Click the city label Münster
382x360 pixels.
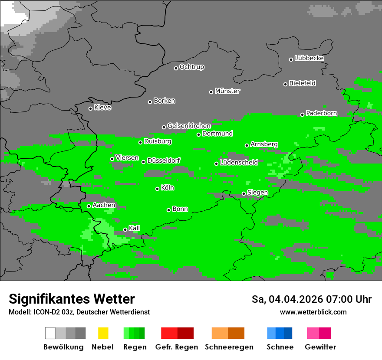point(227,91)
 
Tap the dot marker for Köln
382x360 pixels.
point(158,189)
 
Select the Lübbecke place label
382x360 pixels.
point(309,58)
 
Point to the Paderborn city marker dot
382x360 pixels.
point(303,115)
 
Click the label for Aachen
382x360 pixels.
point(104,205)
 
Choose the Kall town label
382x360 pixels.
point(135,228)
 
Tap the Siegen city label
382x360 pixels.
point(257,193)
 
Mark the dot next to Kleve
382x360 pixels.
point(91,108)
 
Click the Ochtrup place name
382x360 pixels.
point(192,67)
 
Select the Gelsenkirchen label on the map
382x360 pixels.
point(189,126)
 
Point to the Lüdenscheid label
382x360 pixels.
point(239,163)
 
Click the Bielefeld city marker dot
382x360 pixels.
point(286,84)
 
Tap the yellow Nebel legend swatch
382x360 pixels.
point(103,333)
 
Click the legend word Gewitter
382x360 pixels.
point(320,347)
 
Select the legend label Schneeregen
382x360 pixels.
point(229,347)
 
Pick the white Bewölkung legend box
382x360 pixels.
point(50,333)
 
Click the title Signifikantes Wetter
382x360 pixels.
point(72,299)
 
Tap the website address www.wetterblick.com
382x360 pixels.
point(313,312)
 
